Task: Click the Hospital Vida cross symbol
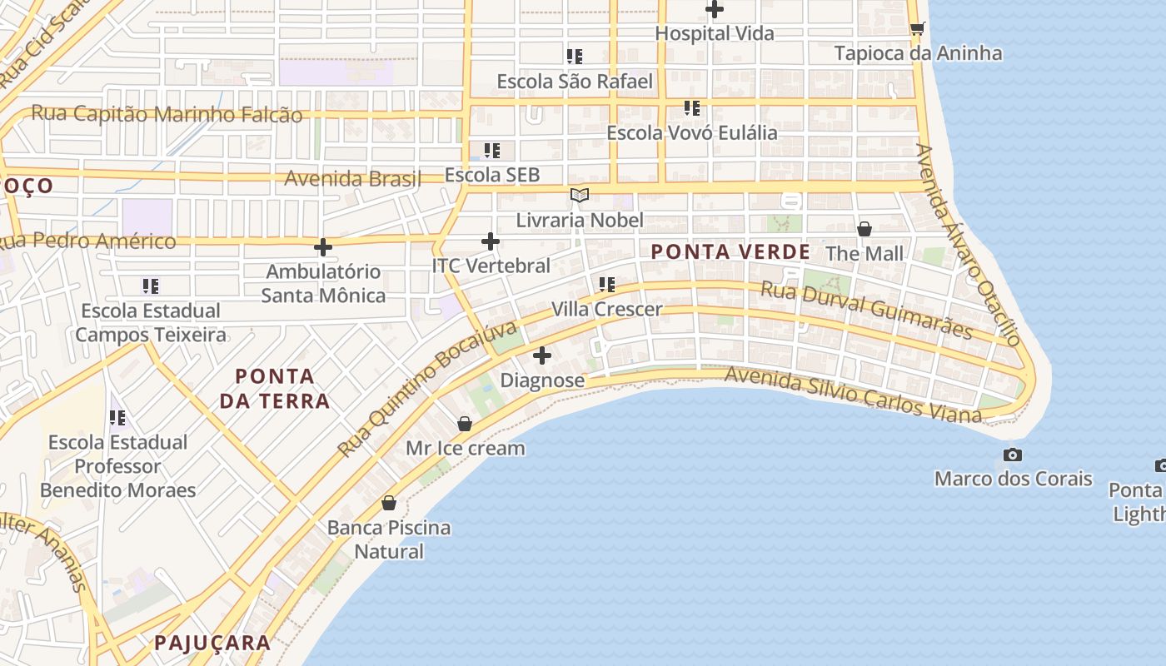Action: [x=715, y=10]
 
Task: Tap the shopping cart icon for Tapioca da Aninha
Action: [x=917, y=29]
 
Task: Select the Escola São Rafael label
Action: [x=575, y=82]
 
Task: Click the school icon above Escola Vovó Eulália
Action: [x=691, y=108]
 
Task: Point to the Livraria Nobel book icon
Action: [x=580, y=196]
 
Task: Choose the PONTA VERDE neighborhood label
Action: [x=730, y=251]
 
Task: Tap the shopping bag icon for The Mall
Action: [x=865, y=229]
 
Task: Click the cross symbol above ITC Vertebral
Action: [x=491, y=241]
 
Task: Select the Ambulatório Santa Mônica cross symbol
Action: [x=323, y=246]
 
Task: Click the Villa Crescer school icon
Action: [x=607, y=285]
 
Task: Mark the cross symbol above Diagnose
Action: [x=542, y=356]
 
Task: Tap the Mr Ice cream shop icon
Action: [x=465, y=424]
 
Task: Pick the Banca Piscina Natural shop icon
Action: [x=388, y=503]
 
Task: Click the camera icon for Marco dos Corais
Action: [x=1013, y=455]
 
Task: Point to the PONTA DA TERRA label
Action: [x=275, y=388]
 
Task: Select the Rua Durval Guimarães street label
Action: [x=867, y=311]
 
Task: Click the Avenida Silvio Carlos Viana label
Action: [x=853, y=395]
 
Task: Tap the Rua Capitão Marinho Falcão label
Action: [x=167, y=114]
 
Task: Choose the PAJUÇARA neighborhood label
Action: [x=212, y=643]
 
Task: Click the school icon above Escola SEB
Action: [x=492, y=151]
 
